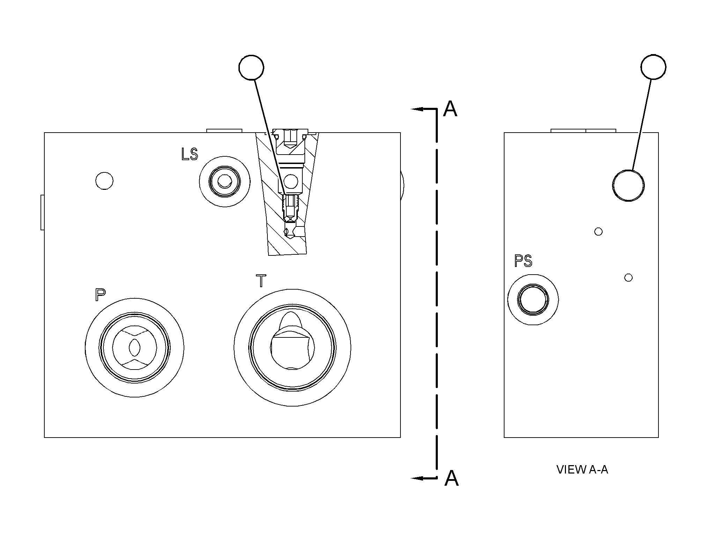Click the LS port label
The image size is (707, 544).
click(190, 154)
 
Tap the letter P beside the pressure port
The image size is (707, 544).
click(100, 295)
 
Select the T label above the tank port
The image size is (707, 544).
click(261, 281)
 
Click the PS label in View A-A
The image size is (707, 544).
click(523, 261)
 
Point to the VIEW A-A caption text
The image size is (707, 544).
click(582, 470)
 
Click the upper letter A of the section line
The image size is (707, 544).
click(450, 109)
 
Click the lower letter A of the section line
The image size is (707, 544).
click(451, 478)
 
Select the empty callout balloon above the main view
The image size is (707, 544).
click(251, 67)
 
